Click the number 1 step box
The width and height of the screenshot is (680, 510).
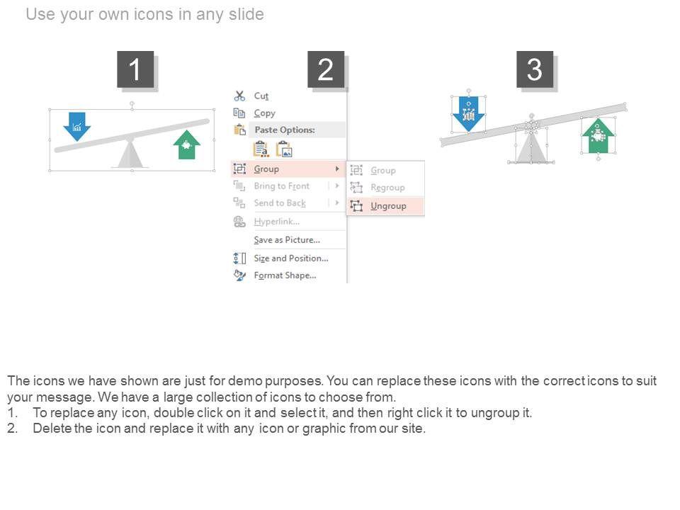pos(135,69)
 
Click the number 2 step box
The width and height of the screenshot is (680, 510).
pos(326,69)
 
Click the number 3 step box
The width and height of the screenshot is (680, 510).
pos(535,69)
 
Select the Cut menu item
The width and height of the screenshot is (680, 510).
pos(261,96)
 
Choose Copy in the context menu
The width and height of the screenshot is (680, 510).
pos(264,113)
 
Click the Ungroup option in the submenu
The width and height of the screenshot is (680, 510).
pos(388,206)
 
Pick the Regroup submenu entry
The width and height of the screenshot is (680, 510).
pos(387,188)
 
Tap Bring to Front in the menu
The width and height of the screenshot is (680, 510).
pos(281,186)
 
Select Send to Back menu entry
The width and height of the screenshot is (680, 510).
pos(280,203)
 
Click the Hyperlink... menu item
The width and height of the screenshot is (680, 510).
pos(277,222)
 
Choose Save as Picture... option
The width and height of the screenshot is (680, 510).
pos(287,240)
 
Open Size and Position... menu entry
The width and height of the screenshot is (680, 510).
pos(291,259)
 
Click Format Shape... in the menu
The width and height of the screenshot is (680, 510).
pos(285,276)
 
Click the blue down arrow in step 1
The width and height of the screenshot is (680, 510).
pos(76,126)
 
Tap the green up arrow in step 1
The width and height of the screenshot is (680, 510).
pos(187,144)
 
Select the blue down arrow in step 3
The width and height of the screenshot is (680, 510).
pos(468,113)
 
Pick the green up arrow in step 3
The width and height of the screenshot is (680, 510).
pos(599,136)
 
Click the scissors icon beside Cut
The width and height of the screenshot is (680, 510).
pos(239,96)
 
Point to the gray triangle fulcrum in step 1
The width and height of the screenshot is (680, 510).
pos(130,154)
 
